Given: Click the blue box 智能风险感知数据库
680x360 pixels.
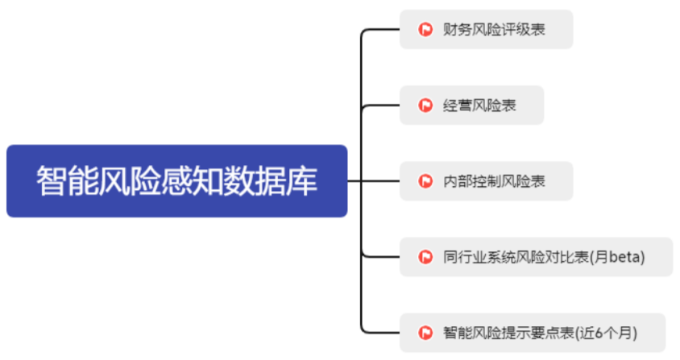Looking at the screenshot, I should pyautogui.click(x=176, y=181).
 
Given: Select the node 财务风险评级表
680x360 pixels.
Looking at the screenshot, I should pyautogui.click(x=486, y=30).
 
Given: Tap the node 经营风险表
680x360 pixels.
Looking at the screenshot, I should pyautogui.click(x=471, y=106).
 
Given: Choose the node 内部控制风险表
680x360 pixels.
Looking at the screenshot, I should pyautogui.click(x=486, y=181).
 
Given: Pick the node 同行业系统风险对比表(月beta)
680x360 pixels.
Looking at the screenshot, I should pyautogui.click(x=536, y=257).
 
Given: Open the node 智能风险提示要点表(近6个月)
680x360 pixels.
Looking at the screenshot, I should pyautogui.click(x=533, y=333).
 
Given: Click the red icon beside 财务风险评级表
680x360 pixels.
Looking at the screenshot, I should pyautogui.click(x=425, y=30).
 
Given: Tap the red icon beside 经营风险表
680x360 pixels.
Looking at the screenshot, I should pyautogui.click(x=425, y=106).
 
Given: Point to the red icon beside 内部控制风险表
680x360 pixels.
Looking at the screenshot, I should pyautogui.click(x=425, y=181).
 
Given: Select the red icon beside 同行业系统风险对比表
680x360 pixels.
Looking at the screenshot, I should pyautogui.click(x=425, y=257).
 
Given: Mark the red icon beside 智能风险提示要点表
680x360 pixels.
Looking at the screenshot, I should pyautogui.click(x=425, y=333).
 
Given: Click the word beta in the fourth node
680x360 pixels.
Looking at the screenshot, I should pyautogui.click(x=624, y=257).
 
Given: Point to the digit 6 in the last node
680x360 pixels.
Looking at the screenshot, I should pyautogui.click(x=604, y=333).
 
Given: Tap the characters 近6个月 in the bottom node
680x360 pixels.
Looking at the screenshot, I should pyautogui.click(x=614, y=333).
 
